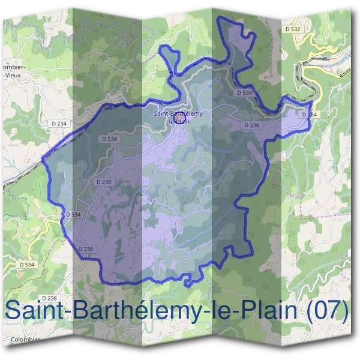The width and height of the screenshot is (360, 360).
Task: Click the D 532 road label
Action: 293,29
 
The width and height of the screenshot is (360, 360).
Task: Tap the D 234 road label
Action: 59,123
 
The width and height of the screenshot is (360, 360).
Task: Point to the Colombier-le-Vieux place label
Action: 13,71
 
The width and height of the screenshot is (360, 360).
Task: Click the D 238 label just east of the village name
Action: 252,125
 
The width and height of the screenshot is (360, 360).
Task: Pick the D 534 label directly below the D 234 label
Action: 109,139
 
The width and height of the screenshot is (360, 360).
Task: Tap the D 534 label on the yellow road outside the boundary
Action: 26,264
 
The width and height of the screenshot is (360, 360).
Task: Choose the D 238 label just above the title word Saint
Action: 50,298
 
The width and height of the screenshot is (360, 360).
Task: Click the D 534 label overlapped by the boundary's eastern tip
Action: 308,114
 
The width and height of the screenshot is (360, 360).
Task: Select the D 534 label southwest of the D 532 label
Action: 244,93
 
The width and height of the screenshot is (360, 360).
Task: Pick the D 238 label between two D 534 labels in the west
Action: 103,181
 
